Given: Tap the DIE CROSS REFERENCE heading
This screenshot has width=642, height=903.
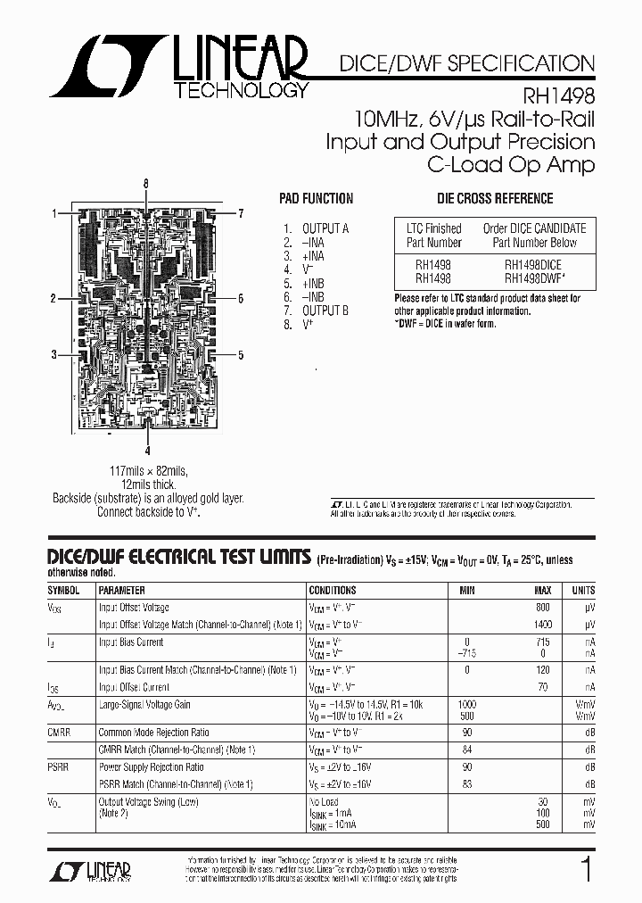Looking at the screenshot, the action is click(495, 199).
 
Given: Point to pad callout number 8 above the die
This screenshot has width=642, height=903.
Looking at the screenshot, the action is click(146, 183).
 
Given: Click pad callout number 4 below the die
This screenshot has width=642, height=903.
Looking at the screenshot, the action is click(147, 451).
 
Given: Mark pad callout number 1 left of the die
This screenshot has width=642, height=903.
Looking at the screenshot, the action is click(54, 213).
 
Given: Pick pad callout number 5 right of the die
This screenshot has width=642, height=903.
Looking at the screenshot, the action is click(241, 354).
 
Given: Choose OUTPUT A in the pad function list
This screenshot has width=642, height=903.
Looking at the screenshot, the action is click(325, 228).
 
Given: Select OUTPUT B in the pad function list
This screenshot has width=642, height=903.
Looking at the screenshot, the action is click(325, 311).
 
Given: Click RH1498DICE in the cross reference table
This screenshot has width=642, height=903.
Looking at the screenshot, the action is click(533, 264).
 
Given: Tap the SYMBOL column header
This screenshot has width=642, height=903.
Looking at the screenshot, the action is click(63, 590).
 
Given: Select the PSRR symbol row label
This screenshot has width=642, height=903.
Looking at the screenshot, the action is click(60, 766).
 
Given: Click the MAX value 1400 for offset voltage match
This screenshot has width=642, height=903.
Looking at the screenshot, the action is click(540, 625).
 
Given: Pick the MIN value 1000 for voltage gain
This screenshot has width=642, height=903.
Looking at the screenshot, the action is click(466, 704).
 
